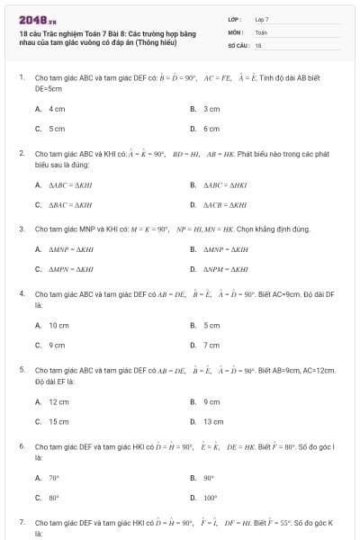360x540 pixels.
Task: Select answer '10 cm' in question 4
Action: pyautogui.click(x=58, y=325)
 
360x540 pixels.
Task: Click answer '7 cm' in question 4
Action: pyautogui.click(x=211, y=345)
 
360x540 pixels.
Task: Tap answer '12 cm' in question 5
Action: pyautogui.click(x=58, y=401)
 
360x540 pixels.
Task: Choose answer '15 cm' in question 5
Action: pyautogui.click(x=58, y=421)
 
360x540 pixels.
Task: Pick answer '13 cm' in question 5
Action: pyautogui.click(x=213, y=421)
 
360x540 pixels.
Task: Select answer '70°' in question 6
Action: pyautogui.click(x=54, y=478)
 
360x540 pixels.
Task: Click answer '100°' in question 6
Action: pyautogui.click(x=211, y=498)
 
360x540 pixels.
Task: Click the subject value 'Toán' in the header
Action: pyautogui.click(x=261, y=31)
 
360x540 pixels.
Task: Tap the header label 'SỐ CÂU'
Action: pyautogui.click(x=238, y=44)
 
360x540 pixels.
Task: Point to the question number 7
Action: pyautogui.click(x=21, y=522)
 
